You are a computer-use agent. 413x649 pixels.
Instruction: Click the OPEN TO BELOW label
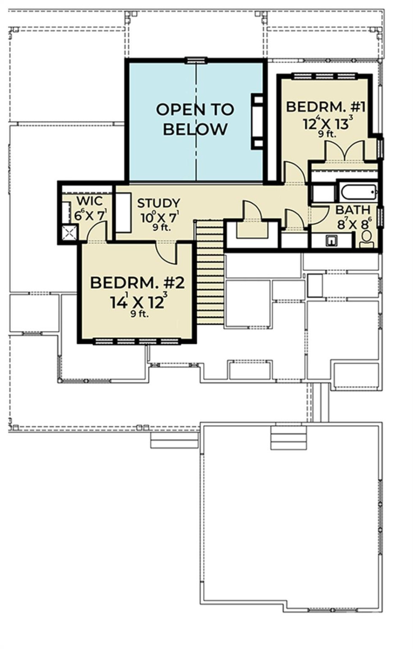pos(195,119)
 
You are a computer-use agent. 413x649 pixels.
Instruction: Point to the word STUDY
pos(158,203)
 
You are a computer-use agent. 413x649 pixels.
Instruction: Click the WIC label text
pos(89,201)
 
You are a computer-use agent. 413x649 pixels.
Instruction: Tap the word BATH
pos(353,210)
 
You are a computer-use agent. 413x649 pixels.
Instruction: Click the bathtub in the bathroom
pos(359,193)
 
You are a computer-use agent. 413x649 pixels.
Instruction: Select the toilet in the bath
pos(367,239)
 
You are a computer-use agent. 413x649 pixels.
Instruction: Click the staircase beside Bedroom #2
pos(210,273)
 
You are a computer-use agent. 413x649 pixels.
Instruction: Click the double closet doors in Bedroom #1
pos(345,151)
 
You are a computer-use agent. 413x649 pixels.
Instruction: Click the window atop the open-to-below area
pos(196,60)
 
